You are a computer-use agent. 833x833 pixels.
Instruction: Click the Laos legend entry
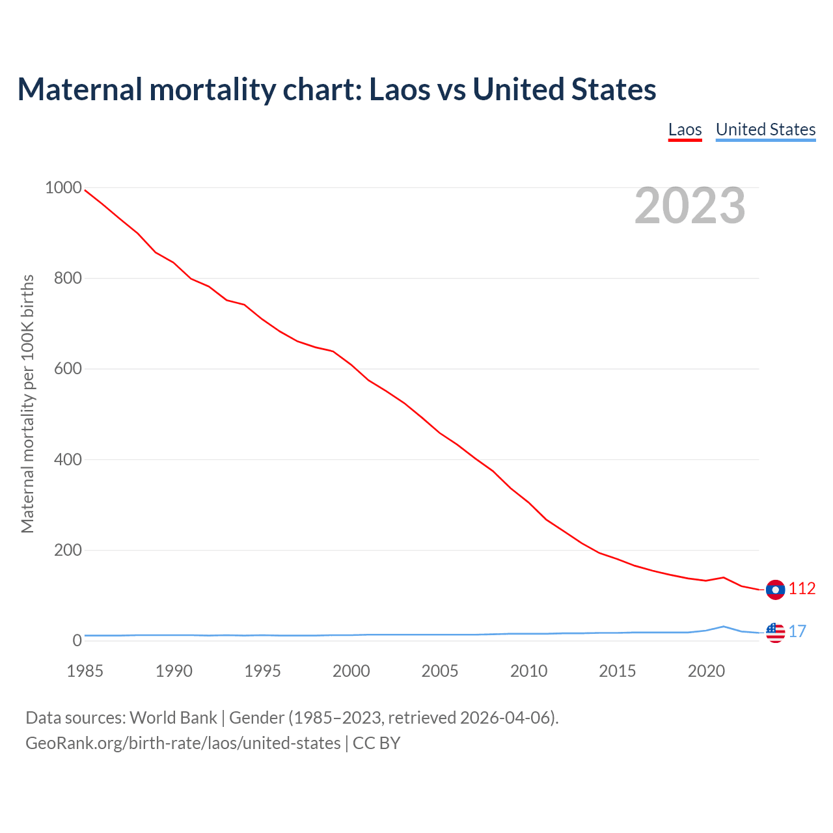[x=685, y=130]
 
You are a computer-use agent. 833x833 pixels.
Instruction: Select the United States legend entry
[x=765, y=130]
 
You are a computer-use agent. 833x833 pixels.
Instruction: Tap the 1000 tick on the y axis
[x=63, y=188]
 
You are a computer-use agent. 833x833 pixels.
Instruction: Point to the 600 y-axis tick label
[x=68, y=369]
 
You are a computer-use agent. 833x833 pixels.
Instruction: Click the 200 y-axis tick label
[x=68, y=551]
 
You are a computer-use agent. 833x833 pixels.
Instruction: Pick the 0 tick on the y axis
[x=77, y=641]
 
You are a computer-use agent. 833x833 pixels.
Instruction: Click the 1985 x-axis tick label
[x=85, y=671]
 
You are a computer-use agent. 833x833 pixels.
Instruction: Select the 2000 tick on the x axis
[x=351, y=671]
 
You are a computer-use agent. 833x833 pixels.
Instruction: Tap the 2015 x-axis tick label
[x=618, y=671]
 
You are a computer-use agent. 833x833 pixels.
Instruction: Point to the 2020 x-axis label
[x=706, y=671]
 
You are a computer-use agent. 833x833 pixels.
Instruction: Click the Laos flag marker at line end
[x=775, y=590]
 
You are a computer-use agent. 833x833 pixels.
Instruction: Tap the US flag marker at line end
[x=775, y=632]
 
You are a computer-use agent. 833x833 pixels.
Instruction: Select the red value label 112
[x=802, y=589]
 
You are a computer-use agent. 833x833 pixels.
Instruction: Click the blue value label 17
[x=797, y=631]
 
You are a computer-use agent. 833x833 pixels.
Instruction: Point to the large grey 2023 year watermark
[x=690, y=206]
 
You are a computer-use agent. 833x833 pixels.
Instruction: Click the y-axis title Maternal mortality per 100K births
[x=27, y=403]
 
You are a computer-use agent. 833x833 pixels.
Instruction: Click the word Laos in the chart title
[x=400, y=89]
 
